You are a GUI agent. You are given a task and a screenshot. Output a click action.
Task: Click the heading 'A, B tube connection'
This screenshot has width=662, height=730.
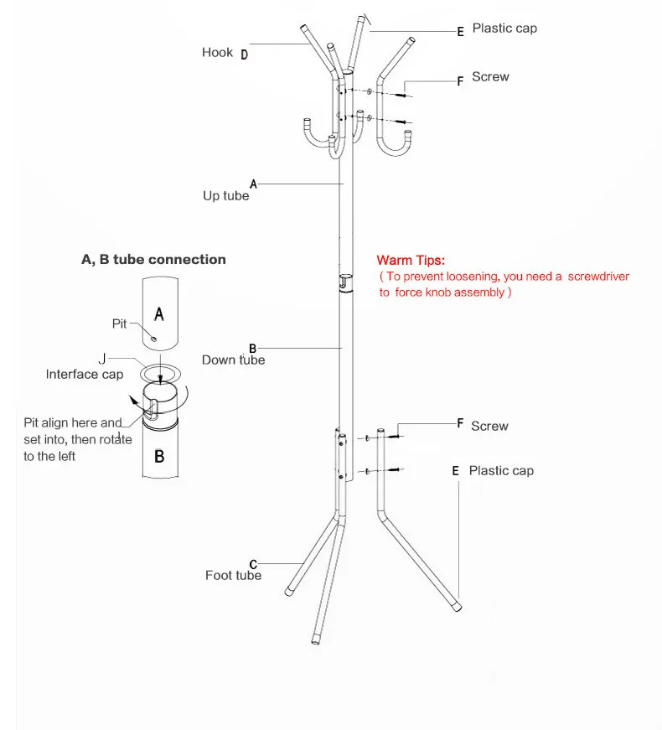tap(153, 260)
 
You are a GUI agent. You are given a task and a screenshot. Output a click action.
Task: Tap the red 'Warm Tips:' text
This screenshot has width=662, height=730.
tap(411, 261)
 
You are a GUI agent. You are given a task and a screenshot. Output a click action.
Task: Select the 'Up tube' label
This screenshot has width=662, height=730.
tap(225, 196)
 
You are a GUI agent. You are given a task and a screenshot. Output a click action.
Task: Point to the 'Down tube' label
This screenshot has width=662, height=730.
tap(233, 360)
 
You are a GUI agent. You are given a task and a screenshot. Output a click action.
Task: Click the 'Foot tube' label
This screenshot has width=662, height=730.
tap(233, 576)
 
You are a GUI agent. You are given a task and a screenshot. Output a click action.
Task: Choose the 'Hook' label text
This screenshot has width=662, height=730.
tap(217, 53)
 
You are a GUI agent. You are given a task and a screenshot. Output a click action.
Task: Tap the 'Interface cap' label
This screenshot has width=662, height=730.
tap(84, 375)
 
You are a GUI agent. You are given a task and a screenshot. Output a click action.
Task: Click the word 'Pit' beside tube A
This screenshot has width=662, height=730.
tap(119, 324)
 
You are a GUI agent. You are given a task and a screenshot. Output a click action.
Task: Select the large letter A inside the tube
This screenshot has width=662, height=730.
tap(160, 314)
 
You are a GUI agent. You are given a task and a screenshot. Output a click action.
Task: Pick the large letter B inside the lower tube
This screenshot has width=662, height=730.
tap(159, 458)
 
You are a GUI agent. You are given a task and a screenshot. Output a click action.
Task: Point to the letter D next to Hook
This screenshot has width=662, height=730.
tap(245, 55)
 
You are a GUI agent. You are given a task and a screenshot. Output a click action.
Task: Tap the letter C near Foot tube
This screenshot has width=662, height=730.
tap(253, 564)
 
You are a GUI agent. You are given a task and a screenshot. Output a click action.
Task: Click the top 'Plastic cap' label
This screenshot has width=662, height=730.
tap(504, 28)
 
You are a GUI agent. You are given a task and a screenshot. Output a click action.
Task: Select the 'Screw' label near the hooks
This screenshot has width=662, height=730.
tap(490, 77)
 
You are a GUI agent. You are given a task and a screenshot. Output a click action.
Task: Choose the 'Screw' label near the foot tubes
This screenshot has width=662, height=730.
tap(489, 427)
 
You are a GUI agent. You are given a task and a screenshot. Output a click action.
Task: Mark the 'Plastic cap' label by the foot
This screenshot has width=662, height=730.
tap(501, 471)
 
